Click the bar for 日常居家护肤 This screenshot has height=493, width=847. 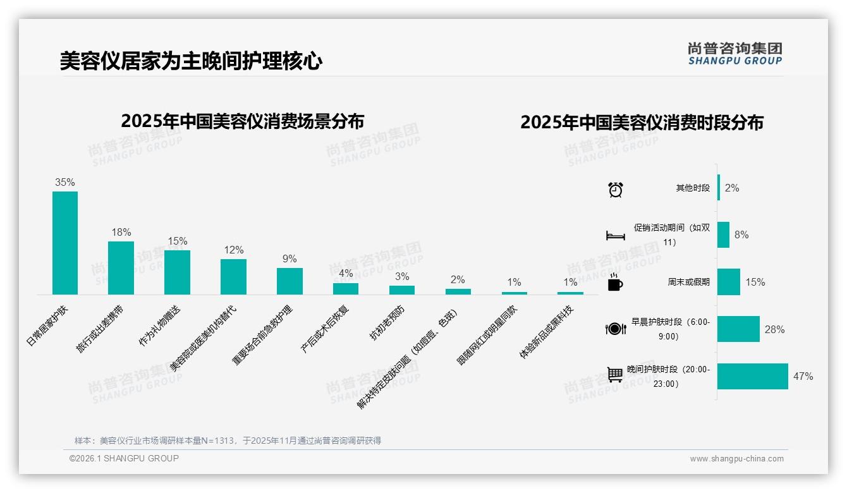[x=65, y=243]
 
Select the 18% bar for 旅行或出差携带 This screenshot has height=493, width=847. [x=121, y=267]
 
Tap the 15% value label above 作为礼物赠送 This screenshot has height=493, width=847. [x=178, y=241]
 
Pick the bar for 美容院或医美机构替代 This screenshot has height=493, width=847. [x=233, y=276]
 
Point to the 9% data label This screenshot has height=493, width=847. [x=289, y=259]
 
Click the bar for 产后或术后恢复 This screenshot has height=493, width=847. [x=346, y=288]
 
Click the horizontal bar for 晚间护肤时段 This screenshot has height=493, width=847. [x=752, y=376]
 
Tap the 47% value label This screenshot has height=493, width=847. [x=803, y=376]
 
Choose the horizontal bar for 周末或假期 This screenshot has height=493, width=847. [x=729, y=282]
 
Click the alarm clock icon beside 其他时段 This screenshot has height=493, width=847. [x=616, y=189]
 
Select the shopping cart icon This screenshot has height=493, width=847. [x=616, y=375]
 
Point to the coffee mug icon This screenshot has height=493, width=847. [x=615, y=283]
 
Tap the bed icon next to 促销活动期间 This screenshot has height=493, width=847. [x=616, y=236]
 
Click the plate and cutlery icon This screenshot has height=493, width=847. [x=616, y=329]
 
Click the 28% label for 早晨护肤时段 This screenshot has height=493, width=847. [x=774, y=329]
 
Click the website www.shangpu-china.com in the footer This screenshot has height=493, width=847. [x=736, y=459]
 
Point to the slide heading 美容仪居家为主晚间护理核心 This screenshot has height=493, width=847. [x=191, y=61]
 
